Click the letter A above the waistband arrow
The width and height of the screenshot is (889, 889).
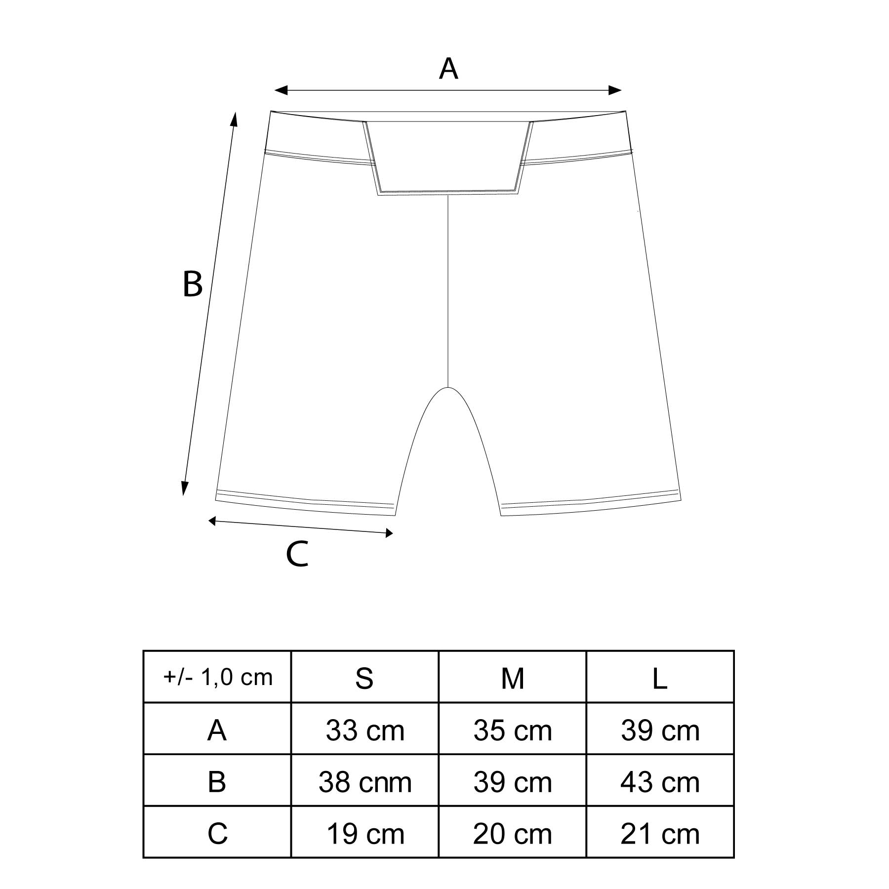coord(448,69)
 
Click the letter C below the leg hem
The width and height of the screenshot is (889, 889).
coord(297,554)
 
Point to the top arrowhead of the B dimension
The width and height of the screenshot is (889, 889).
coord(235,119)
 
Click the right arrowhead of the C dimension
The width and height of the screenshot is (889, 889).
coord(389,533)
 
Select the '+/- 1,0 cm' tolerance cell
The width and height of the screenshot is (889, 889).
coord(217,677)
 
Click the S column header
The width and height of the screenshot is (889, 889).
coord(364,678)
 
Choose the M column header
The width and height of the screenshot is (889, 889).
coord(512,678)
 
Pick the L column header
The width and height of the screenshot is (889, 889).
coord(660,678)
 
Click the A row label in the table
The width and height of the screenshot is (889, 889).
coord(217,730)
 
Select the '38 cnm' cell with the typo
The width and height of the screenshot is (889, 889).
coord(364,782)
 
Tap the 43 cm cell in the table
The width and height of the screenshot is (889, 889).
coord(660,782)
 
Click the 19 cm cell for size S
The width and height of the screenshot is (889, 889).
coord(364,834)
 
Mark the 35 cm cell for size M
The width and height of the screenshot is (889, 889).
coord(512,730)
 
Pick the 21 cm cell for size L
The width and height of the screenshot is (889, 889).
coord(660,834)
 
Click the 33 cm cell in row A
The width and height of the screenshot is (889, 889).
coord(364,730)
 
